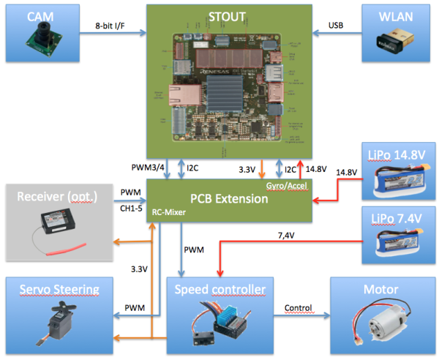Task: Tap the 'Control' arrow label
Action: [x=297, y=307]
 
